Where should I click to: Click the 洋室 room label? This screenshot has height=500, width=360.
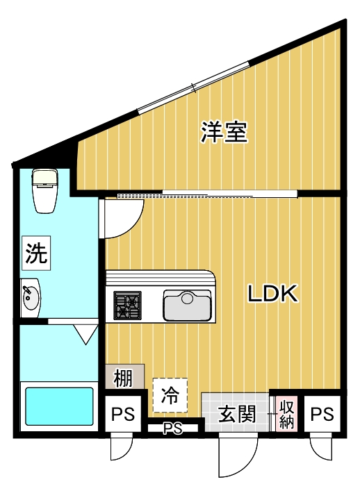click(224, 132)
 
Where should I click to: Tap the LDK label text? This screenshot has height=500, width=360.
click(273, 294)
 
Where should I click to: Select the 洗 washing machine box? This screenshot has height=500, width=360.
click(37, 254)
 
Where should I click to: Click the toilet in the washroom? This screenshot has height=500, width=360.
click(45, 190)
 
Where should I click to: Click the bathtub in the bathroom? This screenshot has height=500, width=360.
click(59, 407)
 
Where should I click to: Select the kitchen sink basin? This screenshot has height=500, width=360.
click(187, 305)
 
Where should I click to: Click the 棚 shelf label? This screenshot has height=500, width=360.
click(123, 379)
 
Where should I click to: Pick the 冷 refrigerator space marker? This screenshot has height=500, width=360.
click(170, 397)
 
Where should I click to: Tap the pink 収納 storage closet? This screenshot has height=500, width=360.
click(286, 415)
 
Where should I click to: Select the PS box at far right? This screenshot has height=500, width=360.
click(322, 415)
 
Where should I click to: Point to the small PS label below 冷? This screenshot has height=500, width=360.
click(172, 429)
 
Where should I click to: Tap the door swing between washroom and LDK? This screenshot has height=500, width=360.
click(122, 218)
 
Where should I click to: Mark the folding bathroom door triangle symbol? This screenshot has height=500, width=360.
click(87, 334)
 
